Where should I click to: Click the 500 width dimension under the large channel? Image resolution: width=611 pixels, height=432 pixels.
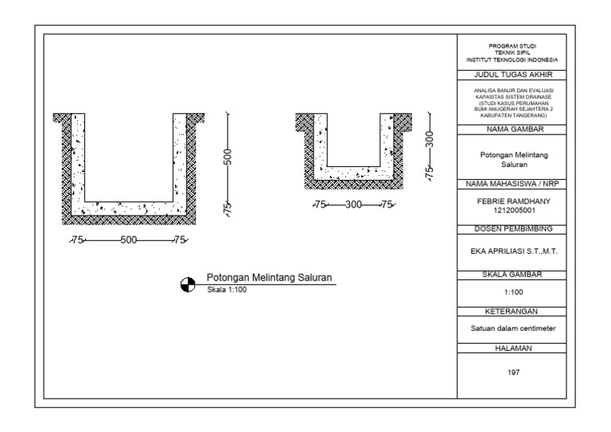(x=129, y=240)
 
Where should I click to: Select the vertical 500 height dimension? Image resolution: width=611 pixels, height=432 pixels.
(x=228, y=157)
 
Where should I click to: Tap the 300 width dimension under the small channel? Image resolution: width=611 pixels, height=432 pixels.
(x=353, y=204)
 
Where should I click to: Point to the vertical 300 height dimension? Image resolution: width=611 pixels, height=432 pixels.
(x=429, y=139)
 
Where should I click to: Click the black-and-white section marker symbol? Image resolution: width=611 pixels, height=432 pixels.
(x=188, y=284)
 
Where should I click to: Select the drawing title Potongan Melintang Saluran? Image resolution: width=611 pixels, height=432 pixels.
(x=269, y=278)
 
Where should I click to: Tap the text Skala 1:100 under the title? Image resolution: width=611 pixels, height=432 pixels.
(x=227, y=290)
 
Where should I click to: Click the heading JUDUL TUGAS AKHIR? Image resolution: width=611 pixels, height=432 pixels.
(x=513, y=75)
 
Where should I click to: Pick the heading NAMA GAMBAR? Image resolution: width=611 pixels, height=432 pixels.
(x=515, y=130)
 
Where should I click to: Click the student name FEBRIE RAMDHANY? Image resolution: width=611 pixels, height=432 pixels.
(x=514, y=201)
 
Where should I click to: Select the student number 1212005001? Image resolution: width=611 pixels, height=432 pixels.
(x=515, y=210)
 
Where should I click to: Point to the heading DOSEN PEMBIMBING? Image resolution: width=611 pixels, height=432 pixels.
(x=513, y=229)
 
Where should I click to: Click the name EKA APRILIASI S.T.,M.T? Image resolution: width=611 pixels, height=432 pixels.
(x=514, y=251)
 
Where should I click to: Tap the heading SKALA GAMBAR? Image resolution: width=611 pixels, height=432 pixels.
(x=512, y=274)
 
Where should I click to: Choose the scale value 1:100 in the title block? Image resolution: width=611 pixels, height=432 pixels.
(x=514, y=292)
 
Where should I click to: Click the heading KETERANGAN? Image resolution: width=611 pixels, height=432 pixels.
(x=512, y=312)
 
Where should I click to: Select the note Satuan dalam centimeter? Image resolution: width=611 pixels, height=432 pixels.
(x=513, y=329)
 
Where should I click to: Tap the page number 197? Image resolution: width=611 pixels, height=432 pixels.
(x=514, y=372)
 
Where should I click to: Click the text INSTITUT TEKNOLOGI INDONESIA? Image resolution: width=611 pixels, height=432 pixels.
(x=512, y=60)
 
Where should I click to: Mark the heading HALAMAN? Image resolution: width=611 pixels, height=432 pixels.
(x=513, y=348)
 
